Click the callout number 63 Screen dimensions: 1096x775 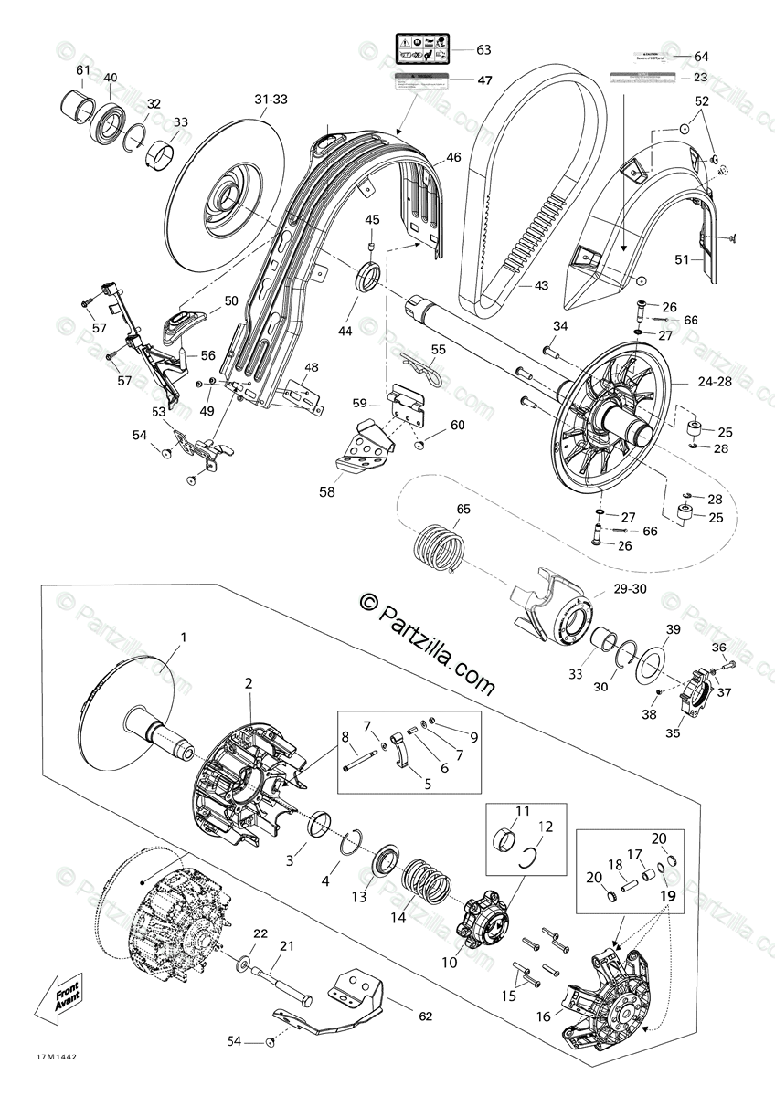pyautogui.click(x=483, y=50)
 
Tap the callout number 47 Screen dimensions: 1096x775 pyautogui.click(x=483, y=80)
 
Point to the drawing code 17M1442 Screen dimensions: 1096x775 pyautogui.click(x=57, y=1058)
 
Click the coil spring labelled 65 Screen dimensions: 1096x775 pyautogui.click(x=440, y=551)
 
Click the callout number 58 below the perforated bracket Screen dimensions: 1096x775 pyautogui.click(x=327, y=491)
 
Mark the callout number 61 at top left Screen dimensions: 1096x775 pyautogui.click(x=83, y=70)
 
